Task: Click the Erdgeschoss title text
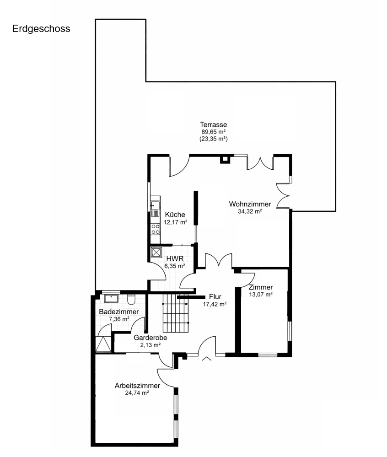[41, 29]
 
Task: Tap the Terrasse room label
[213, 124]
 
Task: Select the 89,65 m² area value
[214, 132]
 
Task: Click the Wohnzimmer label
[250, 204]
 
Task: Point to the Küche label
[175, 215]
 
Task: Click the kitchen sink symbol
[155, 206]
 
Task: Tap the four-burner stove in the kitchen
[156, 229]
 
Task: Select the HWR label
[175, 258]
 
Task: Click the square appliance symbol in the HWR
[156, 253]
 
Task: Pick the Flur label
[215, 297]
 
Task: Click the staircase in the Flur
[176, 313]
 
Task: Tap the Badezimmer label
[118, 312]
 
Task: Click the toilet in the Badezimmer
[131, 299]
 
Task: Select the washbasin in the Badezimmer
[111, 298]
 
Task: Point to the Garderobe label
[150, 338]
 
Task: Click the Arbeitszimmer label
[137, 386]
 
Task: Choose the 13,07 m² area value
[261, 294]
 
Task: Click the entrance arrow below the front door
[207, 359]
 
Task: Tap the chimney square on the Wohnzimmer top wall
[225, 159]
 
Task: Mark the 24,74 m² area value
[137, 393]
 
